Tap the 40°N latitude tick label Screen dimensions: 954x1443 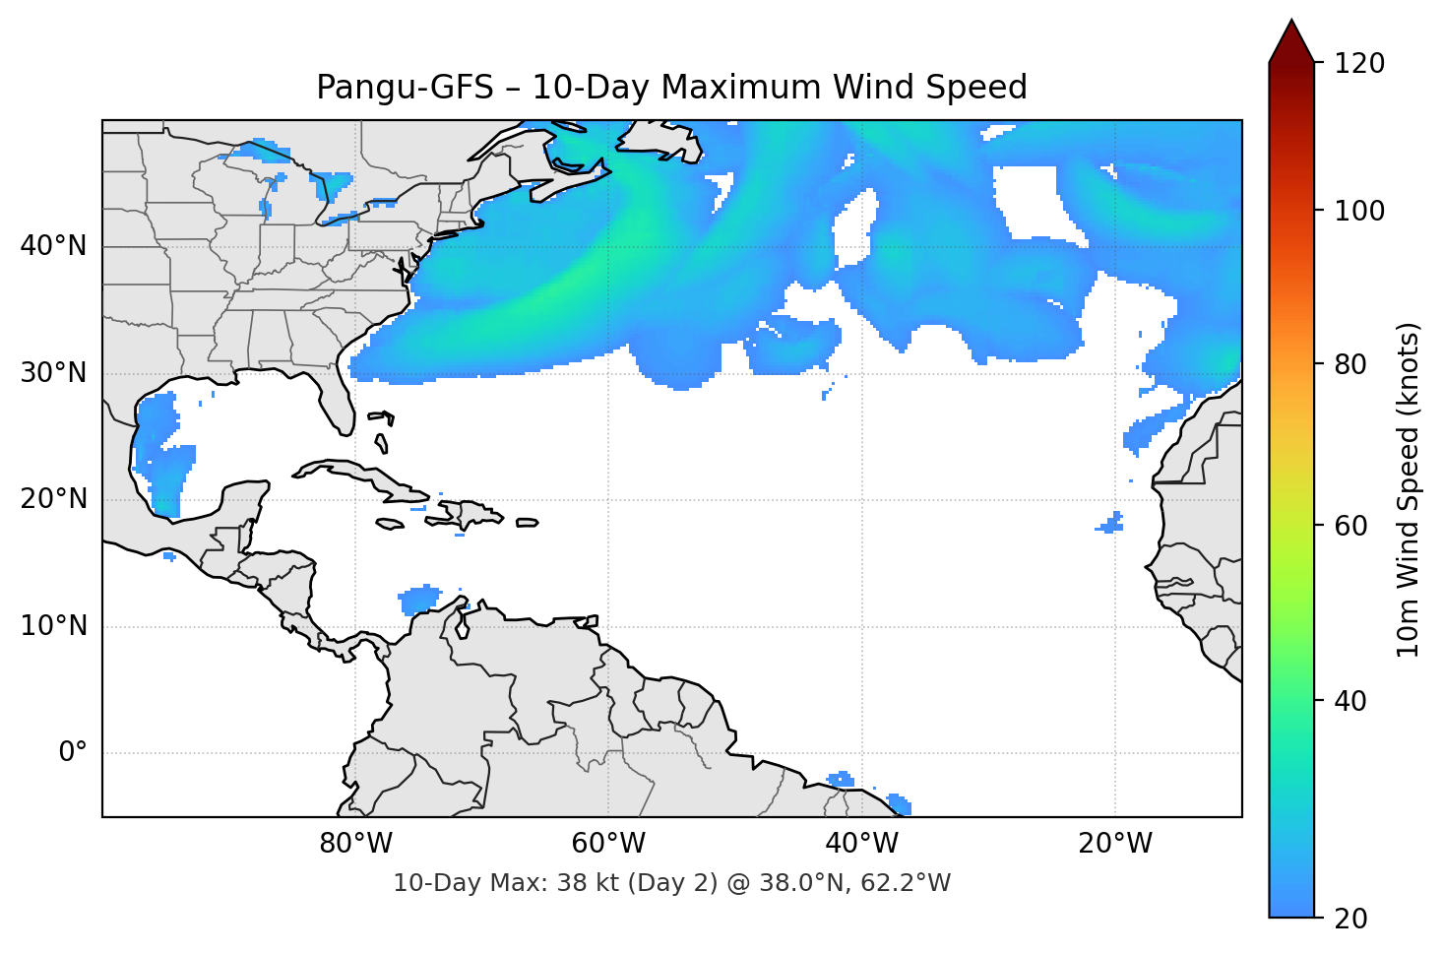(53, 246)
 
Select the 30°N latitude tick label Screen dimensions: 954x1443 (53, 373)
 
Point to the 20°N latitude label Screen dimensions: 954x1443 (53, 499)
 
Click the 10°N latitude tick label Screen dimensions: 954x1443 (53, 626)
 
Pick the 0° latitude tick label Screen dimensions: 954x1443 (72, 753)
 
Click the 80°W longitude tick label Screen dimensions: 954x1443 (355, 844)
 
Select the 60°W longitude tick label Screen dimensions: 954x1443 (608, 844)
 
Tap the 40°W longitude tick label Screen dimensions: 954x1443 (861, 844)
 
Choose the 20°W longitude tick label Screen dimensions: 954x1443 (1114, 844)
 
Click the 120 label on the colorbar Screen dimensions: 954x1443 (1358, 64)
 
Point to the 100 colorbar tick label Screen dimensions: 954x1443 (1358, 211)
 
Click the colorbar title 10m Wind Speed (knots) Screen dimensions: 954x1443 (1409, 489)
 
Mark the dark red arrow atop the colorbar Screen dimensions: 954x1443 (1290, 42)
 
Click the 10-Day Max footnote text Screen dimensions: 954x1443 (671, 883)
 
